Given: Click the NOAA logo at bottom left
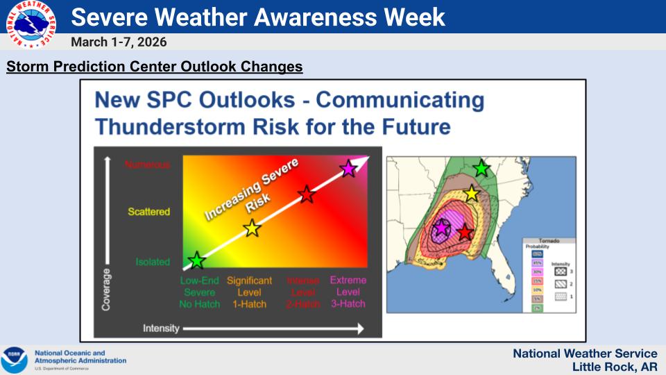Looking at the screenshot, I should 15,360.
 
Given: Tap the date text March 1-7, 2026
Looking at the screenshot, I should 119,42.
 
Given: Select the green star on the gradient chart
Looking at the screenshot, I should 197,260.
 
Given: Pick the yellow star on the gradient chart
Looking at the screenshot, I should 252,228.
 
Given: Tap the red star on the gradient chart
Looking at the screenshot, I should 307,194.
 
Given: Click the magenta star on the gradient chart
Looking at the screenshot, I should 348,168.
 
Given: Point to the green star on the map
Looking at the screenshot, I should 481,168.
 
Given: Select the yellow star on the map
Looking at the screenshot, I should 472,194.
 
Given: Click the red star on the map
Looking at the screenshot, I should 465,232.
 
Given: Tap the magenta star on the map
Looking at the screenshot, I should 441,227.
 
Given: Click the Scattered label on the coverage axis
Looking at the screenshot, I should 148,212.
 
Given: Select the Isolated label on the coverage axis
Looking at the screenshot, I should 152,262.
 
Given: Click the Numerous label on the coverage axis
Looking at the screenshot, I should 147,165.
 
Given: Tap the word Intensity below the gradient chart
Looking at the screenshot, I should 161,328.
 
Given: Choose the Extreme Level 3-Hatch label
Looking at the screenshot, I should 348,292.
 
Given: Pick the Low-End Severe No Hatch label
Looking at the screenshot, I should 200,292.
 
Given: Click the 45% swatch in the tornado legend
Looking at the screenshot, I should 537,263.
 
